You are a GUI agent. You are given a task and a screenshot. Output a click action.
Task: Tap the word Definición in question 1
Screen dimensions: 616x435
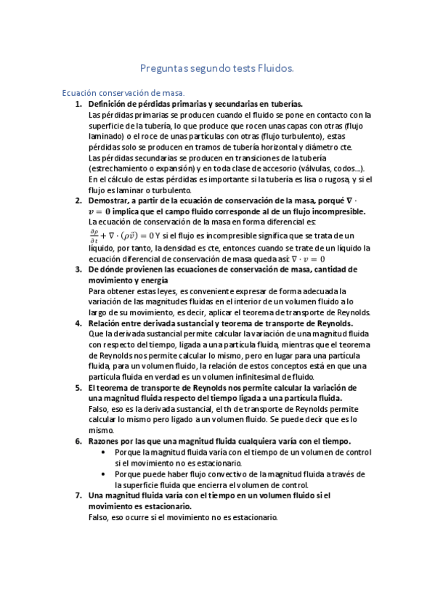[107, 104]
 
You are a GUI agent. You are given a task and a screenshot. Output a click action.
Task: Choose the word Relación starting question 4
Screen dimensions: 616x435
[106, 323]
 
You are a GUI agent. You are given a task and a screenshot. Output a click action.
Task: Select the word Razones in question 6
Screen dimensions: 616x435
[106, 441]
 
